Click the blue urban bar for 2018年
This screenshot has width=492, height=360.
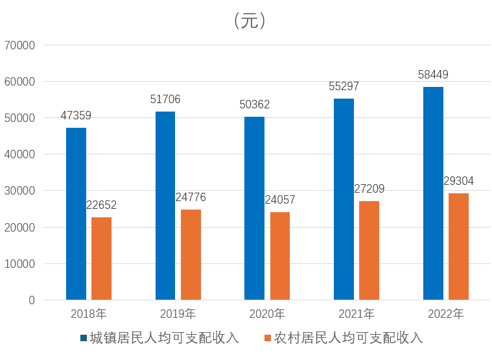[76, 214]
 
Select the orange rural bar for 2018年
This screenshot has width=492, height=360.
[101, 259]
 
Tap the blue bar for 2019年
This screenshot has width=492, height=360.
[165, 206]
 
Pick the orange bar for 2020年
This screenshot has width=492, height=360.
[280, 256]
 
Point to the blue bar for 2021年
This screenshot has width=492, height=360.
[344, 200]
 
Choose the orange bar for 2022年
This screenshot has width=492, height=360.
[458, 246]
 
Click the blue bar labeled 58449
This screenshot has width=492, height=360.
[433, 194]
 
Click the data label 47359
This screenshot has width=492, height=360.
[76, 116]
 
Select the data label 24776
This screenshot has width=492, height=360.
[191, 198]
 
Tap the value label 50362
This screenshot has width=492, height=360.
[254, 105]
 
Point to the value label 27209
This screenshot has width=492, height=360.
[369, 189]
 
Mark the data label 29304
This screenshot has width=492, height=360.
[458, 182]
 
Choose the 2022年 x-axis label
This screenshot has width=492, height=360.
[446, 315]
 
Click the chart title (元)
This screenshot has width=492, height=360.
[249, 21]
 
